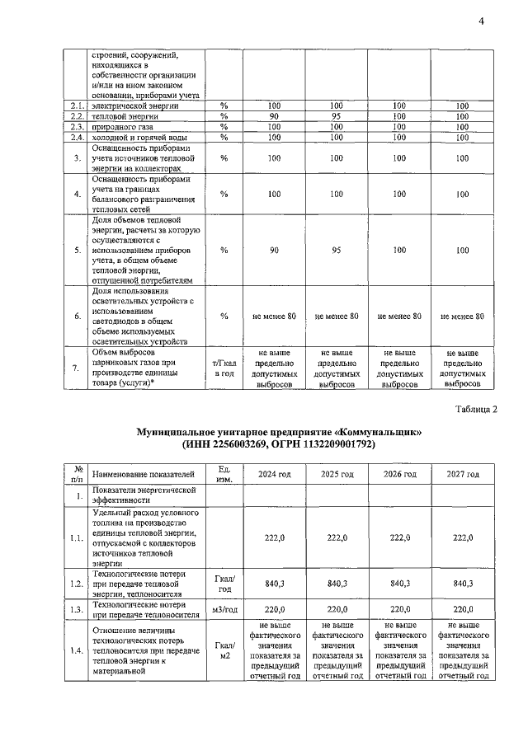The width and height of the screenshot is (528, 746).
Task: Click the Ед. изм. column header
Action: coord(224,474)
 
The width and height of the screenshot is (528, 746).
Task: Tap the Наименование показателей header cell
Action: coord(144,474)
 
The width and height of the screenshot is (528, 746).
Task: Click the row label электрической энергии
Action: coord(133,106)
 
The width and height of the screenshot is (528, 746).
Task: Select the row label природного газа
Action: coord(120,127)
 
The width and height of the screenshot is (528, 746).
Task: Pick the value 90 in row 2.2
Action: coord(271,117)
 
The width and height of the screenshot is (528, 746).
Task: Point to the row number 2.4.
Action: coord(78,137)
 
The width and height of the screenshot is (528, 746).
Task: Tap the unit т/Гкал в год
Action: coord(224,368)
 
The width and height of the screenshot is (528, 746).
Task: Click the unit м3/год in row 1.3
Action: coord(224,612)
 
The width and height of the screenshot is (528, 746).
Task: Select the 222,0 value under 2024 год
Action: coord(274,538)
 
